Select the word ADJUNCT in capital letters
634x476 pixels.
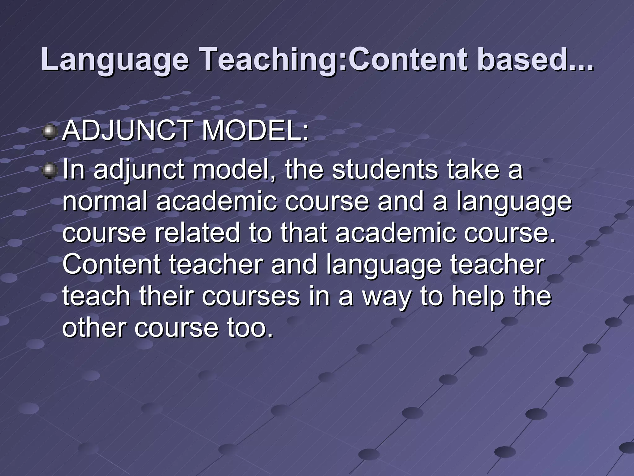click(x=127, y=131)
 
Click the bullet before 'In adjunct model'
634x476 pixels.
click(x=50, y=171)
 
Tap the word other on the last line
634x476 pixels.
click(x=94, y=328)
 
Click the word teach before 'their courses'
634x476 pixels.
click(x=96, y=296)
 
